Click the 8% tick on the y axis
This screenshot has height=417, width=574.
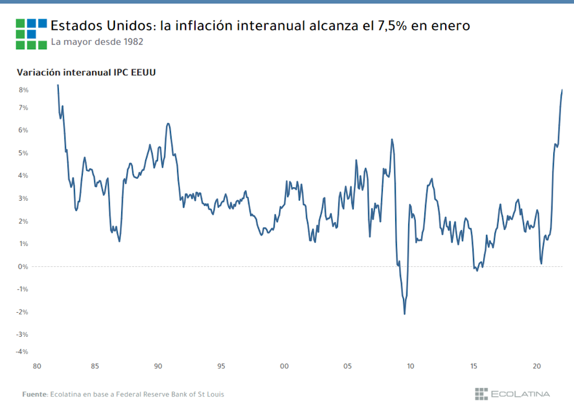(x=24, y=90)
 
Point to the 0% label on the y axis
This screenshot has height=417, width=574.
(x=24, y=266)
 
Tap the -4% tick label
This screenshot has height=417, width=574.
(x=22, y=351)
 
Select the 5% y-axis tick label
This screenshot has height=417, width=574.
(x=24, y=153)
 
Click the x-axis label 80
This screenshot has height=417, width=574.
(x=37, y=367)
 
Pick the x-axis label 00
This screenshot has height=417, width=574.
(x=284, y=367)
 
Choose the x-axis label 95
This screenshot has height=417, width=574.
(x=221, y=367)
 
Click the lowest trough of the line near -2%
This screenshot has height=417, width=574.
(x=404, y=313)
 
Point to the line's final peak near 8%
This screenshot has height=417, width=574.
(x=562, y=90)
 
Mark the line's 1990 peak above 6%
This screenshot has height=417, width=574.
(x=168, y=124)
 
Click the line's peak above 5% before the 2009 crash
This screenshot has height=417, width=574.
(x=392, y=140)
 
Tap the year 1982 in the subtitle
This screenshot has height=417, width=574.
(x=132, y=42)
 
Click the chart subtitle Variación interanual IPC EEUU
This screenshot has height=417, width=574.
(x=86, y=72)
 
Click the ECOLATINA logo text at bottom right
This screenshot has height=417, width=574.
(x=520, y=394)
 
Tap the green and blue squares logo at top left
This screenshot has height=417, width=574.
(x=31, y=34)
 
